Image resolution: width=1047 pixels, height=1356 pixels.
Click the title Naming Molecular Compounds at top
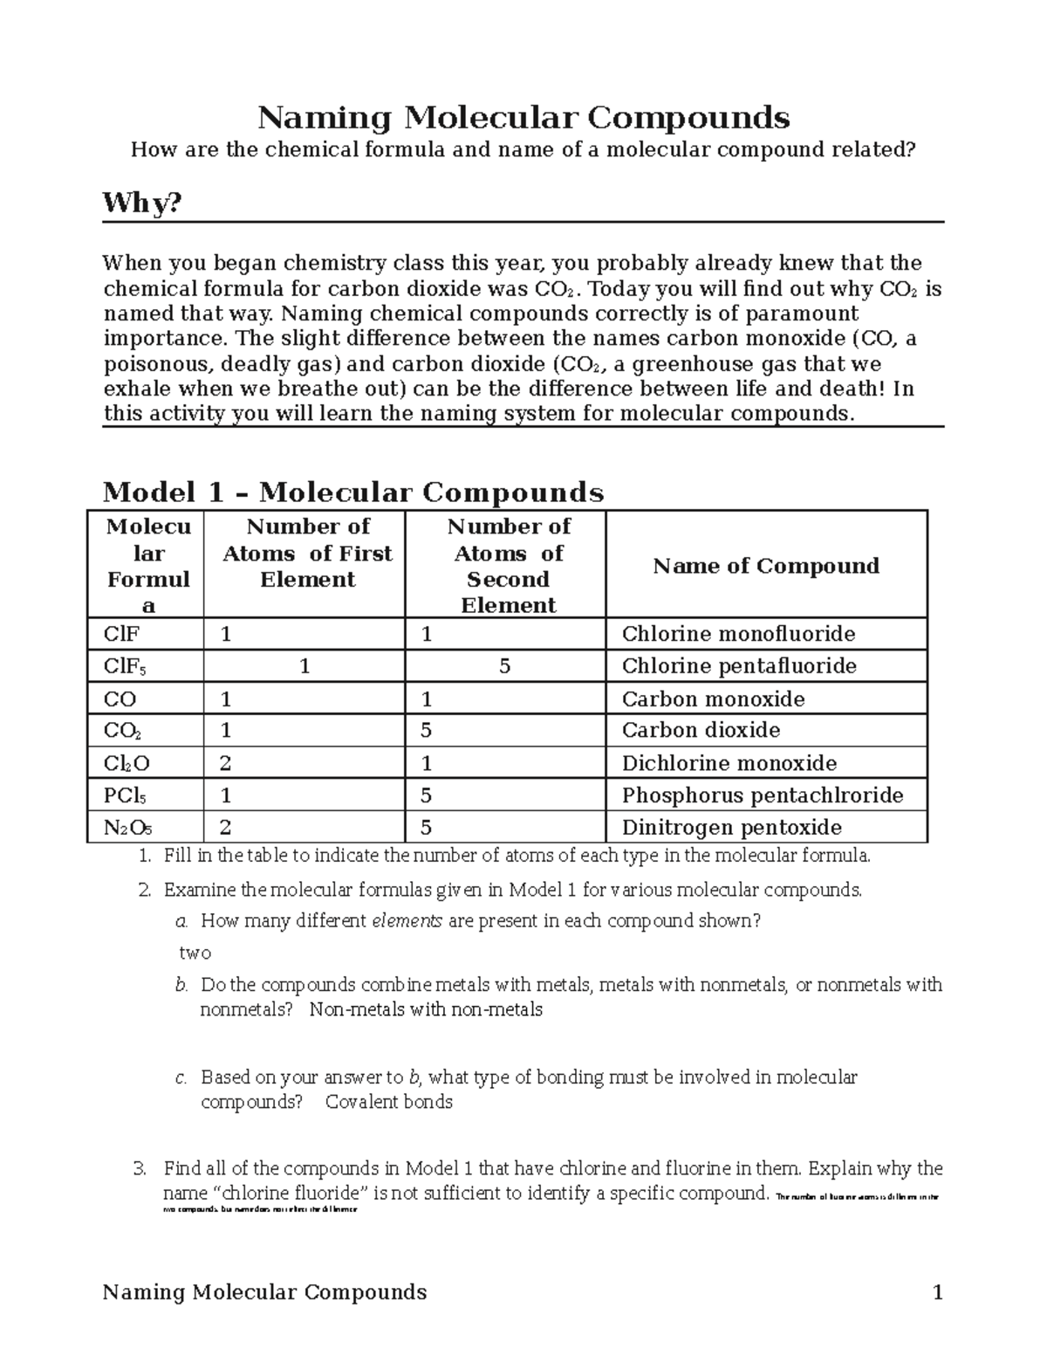(x=523, y=117)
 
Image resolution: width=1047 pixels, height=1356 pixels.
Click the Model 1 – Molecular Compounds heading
(x=352, y=492)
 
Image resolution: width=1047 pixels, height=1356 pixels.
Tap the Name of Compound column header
(x=765, y=566)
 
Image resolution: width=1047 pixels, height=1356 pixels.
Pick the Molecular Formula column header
(x=147, y=565)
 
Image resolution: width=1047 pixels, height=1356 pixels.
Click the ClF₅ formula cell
(x=126, y=667)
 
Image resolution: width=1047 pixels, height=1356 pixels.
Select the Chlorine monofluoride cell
(x=738, y=634)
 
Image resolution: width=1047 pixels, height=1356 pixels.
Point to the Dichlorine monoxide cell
(x=729, y=763)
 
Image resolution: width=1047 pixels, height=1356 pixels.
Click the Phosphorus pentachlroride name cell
(x=762, y=795)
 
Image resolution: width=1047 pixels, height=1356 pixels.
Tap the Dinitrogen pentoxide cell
(x=731, y=827)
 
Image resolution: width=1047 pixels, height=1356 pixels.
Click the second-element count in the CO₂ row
(x=427, y=730)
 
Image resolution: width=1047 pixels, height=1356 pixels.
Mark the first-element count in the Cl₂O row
(x=226, y=763)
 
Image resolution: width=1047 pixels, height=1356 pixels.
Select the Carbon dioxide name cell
(x=701, y=730)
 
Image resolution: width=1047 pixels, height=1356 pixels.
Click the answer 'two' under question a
(x=195, y=953)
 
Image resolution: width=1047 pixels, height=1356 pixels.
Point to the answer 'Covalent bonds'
(x=388, y=1102)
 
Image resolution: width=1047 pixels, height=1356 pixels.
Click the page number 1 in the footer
(x=938, y=1292)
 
